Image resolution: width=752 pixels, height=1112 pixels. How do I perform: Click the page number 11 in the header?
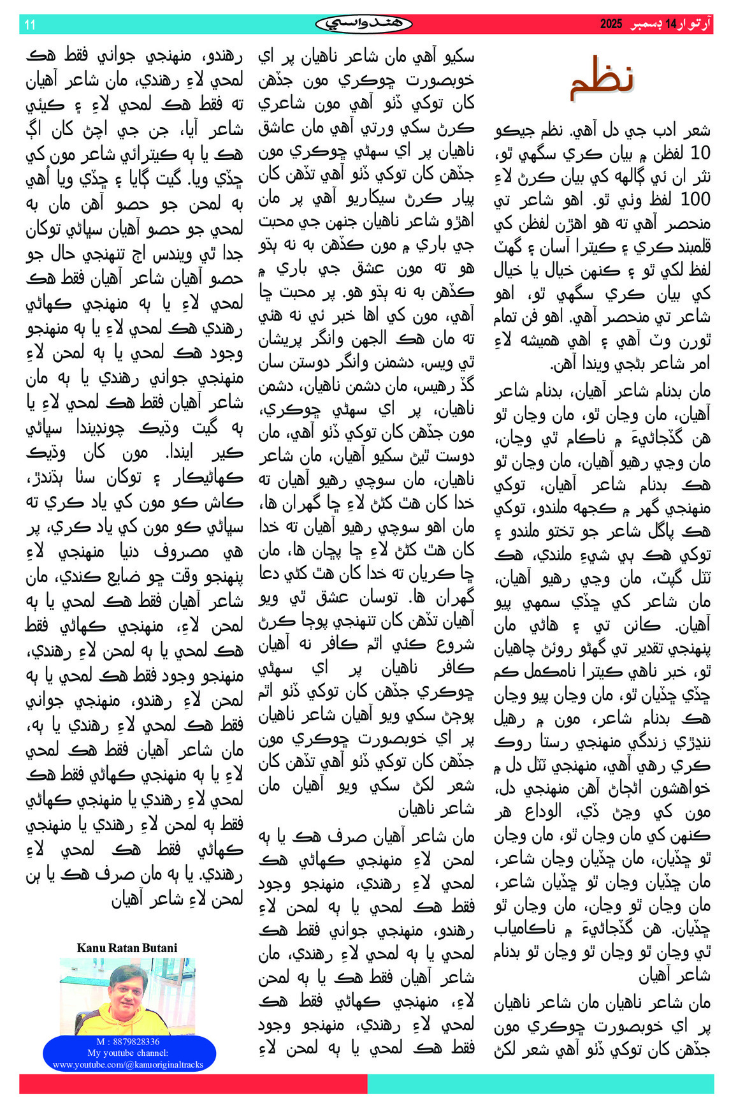[30, 25]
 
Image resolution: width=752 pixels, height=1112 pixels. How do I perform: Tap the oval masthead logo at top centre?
[364, 24]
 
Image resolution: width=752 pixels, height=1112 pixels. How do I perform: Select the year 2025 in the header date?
[611, 24]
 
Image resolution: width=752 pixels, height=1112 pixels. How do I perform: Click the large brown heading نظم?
[602, 80]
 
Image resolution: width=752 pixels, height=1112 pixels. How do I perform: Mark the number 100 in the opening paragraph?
[695, 200]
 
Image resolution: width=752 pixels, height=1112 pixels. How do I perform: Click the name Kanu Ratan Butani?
[127, 948]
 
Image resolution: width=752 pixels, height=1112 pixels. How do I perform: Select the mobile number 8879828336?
[133, 1042]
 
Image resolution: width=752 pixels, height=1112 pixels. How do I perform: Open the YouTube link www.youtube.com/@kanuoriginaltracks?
[128, 1064]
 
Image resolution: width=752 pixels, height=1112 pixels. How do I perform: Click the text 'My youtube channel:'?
[128, 1053]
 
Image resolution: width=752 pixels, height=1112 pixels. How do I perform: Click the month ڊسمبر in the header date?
[646, 24]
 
